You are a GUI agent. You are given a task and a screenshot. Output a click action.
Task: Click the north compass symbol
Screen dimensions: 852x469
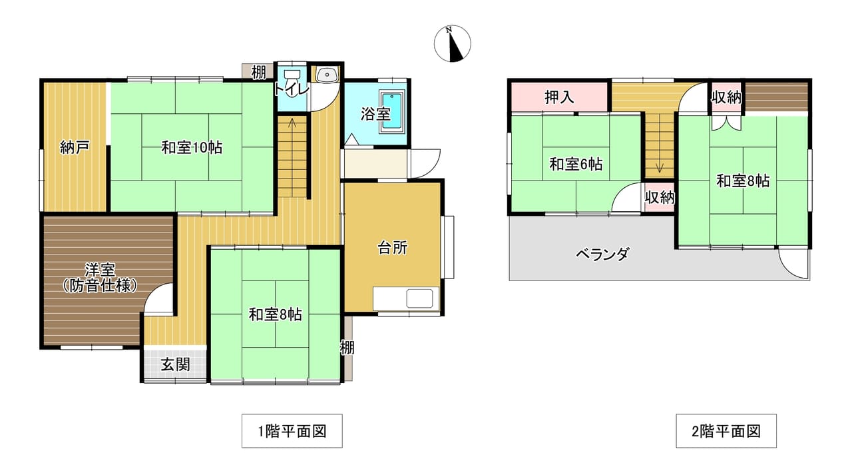(x=452, y=43)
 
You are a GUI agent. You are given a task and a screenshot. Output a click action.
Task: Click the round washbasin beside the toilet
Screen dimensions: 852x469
(x=326, y=75)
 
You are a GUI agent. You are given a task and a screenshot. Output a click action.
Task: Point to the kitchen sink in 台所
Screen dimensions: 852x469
(x=419, y=298)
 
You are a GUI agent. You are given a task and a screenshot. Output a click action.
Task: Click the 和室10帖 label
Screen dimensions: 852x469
(x=192, y=147)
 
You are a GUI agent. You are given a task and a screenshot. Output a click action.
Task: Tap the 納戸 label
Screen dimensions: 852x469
(x=75, y=147)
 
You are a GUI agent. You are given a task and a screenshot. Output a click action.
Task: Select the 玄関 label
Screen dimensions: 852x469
(x=175, y=364)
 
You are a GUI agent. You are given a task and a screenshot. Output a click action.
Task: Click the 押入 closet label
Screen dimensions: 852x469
(x=559, y=97)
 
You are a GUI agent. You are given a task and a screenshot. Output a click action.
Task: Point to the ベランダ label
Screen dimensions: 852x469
(x=602, y=254)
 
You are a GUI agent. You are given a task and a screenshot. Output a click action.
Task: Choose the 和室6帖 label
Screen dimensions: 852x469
(x=576, y=165)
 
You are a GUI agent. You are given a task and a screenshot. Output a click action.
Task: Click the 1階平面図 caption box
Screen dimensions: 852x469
(x=292, y=431)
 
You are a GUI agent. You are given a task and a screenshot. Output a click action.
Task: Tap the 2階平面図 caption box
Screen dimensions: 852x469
(x=726, y=431)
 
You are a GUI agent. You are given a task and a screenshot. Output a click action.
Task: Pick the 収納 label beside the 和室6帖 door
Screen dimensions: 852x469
(x=660, y=198)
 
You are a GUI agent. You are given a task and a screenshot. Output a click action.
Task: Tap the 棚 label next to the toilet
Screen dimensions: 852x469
(x=259, y=72)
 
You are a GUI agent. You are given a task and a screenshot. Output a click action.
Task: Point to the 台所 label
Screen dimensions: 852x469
(x=393, y=248)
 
